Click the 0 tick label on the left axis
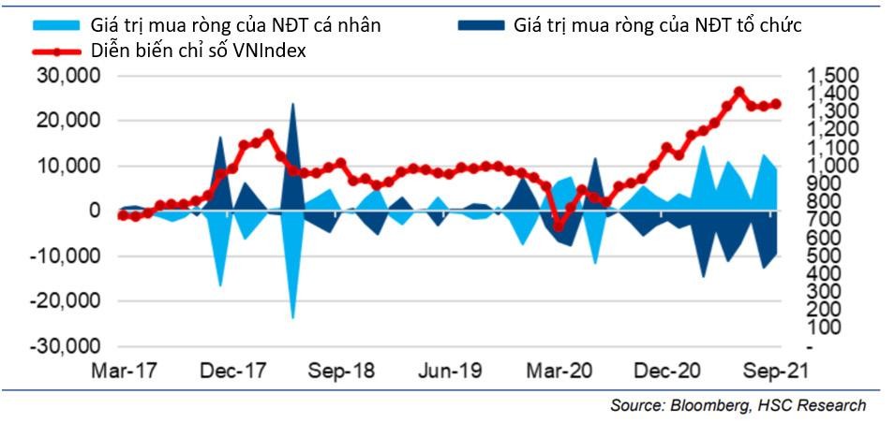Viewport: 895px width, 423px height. tap(93, 211)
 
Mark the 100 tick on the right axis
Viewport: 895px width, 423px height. tap(824, 328)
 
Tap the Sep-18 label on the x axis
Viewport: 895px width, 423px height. tap(344, 371)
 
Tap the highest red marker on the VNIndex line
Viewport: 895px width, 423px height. tap(738, 92)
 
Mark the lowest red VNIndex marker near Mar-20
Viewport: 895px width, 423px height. tap(559, 226)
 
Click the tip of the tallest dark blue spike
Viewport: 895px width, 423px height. tap(292, 103)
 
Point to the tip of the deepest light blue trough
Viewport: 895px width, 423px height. tap(292, 318)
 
